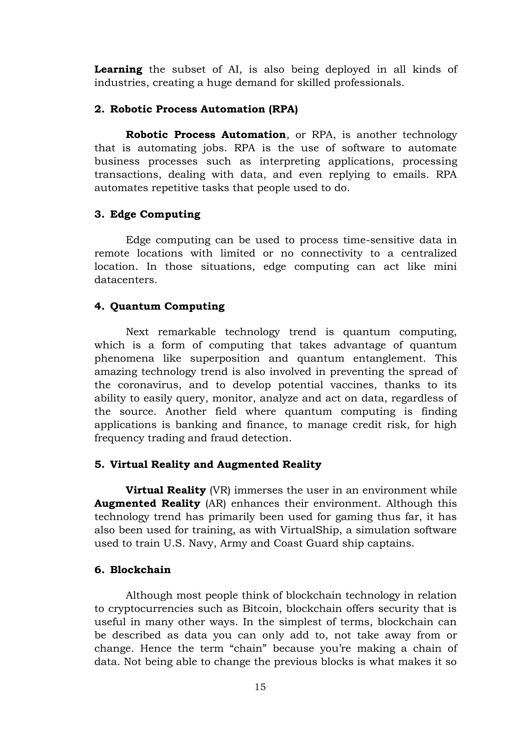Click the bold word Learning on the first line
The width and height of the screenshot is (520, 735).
pyautogui.click(x=118, y=70)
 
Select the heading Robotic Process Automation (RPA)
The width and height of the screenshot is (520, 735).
pyautogui.click(x=204, y=109)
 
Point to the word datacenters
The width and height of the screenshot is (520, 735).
pyautogui.click(x=125, y=280)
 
